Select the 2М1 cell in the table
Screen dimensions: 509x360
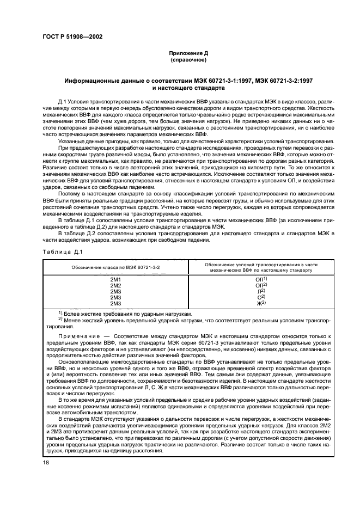115,279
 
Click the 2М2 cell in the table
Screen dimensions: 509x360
115,285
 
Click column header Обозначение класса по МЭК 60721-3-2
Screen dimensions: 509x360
115,268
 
